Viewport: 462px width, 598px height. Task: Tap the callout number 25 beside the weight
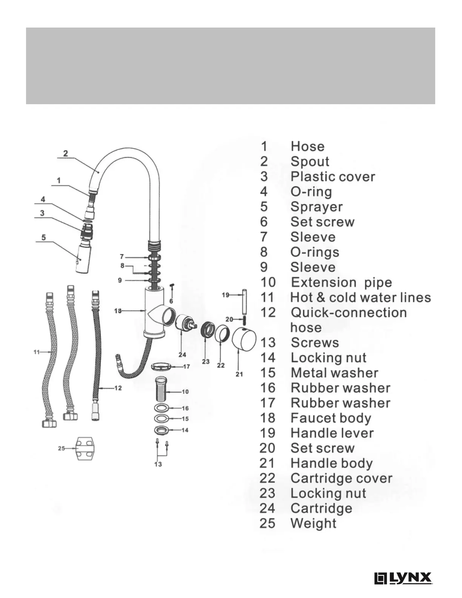click(62, 448)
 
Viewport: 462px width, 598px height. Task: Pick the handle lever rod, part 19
click(244, 301)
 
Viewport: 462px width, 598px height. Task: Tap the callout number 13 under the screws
click(158, 464)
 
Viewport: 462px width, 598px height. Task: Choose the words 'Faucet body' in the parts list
click(331, 418)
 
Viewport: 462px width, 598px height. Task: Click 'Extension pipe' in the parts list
click(341, 282)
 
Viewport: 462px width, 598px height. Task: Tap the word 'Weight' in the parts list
click(313, 523)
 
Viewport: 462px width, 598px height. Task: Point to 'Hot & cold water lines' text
click(360, 297)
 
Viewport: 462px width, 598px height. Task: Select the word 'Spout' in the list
click(310, 162)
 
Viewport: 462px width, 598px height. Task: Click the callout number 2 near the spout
click(66, 153)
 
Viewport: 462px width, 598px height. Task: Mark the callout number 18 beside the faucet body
click(118, 311)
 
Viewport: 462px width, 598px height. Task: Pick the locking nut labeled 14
click(162, 430)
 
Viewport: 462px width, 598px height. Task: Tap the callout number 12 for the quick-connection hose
click(118, 388)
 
